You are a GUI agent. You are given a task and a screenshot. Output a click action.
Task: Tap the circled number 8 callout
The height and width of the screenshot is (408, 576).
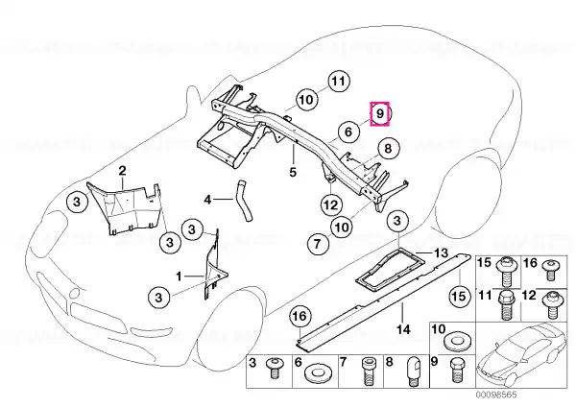point(386,148)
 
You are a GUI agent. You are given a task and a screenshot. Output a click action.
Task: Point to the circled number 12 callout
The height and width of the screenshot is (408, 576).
point(329,204)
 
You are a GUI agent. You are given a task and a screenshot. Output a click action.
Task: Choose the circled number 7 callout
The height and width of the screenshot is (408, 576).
point(315,245)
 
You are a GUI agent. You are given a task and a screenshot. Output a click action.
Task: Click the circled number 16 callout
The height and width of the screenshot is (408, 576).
point(299,316)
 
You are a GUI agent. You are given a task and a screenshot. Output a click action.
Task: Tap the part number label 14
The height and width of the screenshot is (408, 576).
point(404,329)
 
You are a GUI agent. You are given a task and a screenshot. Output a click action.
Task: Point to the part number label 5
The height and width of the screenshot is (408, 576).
point(295,173)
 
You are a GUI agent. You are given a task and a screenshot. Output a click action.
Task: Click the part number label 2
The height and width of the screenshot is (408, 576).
point(122,171)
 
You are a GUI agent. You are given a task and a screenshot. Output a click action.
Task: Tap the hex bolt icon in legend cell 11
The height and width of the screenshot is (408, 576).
point(506,306)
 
